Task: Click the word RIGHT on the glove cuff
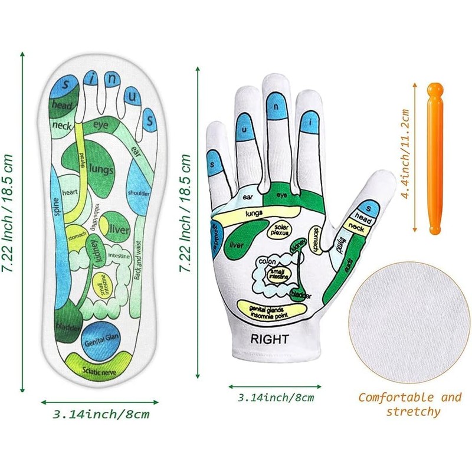click(x=269, y=339)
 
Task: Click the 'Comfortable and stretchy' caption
click(x=409, y=404)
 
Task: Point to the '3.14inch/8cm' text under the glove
click(x=275, y=398)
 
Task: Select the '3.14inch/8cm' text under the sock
click(x=101, y=414)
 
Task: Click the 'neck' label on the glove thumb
click(x=356, y=226)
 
